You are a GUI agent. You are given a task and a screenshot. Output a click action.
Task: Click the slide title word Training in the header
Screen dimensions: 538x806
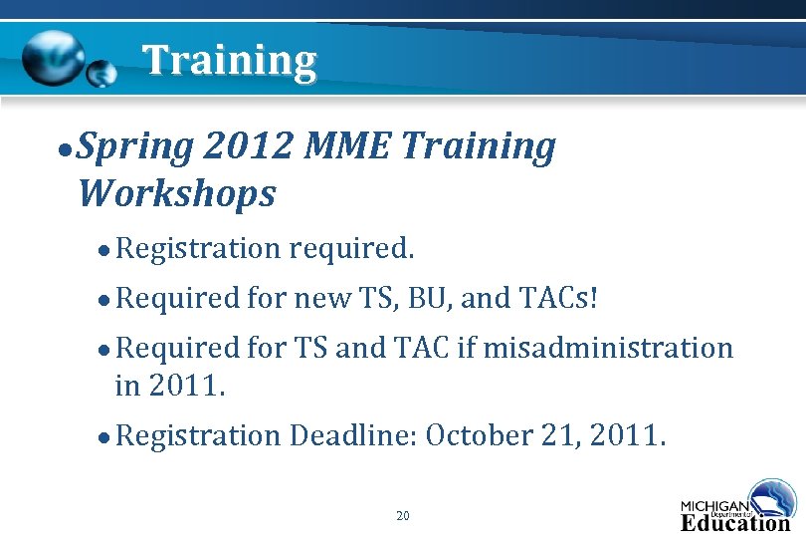pos(230,61)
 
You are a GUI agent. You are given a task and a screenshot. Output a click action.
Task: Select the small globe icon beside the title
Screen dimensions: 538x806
pos(101,73)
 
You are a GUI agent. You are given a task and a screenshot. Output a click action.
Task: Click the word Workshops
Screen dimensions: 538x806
pos(176,193)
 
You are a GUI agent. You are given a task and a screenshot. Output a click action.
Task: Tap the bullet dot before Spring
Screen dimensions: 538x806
pos(64,149)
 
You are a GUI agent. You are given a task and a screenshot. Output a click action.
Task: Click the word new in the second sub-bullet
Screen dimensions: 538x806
pos(320,297)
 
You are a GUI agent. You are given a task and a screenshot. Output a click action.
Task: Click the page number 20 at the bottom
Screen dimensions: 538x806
pos(403,515)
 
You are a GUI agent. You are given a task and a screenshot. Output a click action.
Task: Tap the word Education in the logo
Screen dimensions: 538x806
pos(734,523)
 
